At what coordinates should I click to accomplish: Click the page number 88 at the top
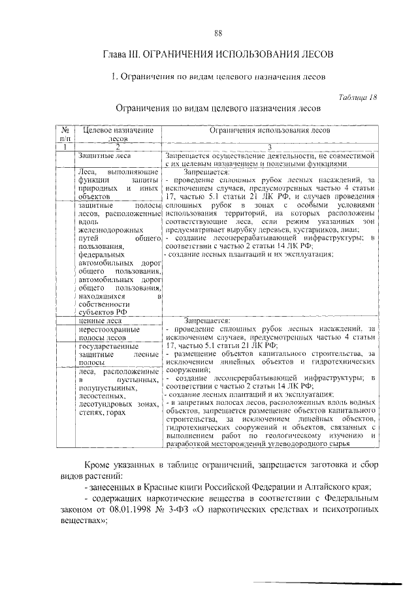pos(218,33)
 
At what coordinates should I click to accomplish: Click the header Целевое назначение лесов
pos(118,135)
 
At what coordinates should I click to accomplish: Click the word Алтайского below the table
pos(321,488)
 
